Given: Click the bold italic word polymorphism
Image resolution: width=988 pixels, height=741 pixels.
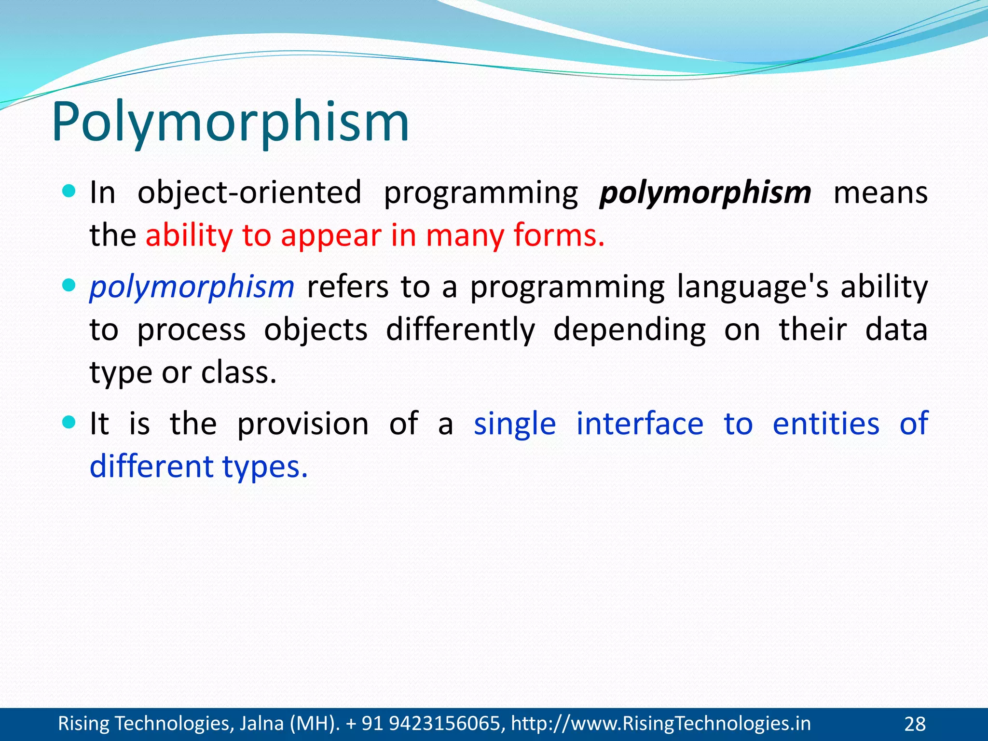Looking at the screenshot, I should point(705,193).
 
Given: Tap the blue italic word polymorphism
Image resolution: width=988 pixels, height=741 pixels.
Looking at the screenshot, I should point(192,287).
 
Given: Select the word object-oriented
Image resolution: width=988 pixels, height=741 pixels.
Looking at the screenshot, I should point(249,193).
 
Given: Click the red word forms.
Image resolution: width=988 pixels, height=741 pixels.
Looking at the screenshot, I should point(559,235).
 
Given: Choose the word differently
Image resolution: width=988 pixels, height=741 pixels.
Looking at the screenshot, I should point(460,329).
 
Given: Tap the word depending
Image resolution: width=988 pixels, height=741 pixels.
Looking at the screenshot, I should point(629,329).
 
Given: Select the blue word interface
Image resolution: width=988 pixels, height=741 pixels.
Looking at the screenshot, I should point(640,424).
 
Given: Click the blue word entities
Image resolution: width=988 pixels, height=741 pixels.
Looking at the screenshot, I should point(826,424).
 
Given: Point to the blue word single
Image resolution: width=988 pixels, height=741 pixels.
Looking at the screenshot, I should point(515,424).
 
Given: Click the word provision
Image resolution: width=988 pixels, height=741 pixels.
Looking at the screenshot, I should point(303,424).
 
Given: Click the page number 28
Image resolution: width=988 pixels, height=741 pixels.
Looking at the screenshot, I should point(915,724).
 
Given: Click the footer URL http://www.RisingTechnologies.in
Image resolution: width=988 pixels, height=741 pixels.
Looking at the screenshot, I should point(660,724).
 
